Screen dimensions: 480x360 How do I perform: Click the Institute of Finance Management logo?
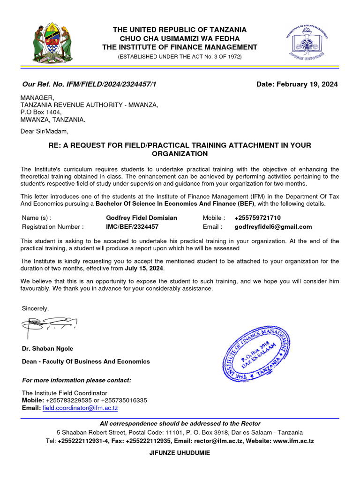[x=307, y=43]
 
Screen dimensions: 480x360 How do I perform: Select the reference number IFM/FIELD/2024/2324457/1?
[x=109, y=84]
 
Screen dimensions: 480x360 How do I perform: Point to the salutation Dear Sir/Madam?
[x=45, y=131]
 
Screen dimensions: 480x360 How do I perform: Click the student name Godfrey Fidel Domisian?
[x=142, y=218]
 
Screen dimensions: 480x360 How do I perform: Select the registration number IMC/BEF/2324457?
[x=132, y=227]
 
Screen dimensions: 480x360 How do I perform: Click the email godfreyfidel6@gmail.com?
[x=273, y=227]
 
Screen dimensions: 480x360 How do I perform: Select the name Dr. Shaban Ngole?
[x=47, y=349]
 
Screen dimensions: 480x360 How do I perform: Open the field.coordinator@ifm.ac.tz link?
[x=80, y=408]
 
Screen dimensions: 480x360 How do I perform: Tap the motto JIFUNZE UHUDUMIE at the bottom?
[x=180, y=453]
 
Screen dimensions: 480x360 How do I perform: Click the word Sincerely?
[x=35, y=308]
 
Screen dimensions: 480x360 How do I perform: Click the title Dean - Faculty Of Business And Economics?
[x=86, y=361]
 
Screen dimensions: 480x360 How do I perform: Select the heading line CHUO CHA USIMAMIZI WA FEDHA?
[x=180, y=38]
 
